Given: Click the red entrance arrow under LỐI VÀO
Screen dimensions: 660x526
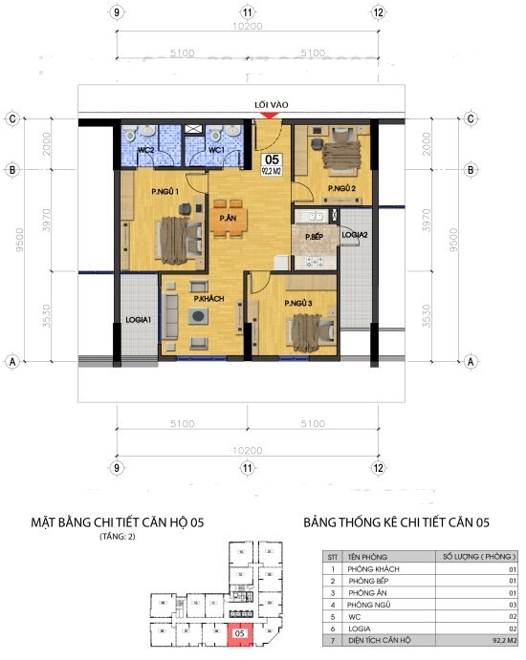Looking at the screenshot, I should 271,116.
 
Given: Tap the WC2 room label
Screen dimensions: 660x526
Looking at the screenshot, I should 146,151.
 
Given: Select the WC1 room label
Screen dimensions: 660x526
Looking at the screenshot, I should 216,151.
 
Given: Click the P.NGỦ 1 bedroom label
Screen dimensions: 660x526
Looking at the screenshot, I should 165,192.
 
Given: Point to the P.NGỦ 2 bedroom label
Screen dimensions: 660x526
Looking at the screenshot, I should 341,189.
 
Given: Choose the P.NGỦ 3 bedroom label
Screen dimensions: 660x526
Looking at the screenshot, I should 298,304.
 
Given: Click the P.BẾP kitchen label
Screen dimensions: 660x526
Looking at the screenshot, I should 314,236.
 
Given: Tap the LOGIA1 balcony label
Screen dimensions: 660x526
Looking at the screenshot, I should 138,319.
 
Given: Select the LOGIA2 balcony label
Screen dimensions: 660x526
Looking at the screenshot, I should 356,234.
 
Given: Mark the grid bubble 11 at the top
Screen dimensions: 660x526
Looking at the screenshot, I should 248,12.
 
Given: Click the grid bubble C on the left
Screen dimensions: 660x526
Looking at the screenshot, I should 13,119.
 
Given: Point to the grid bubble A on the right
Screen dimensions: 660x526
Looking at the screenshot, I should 471,362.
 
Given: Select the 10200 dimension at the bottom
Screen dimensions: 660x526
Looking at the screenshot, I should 248,448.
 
